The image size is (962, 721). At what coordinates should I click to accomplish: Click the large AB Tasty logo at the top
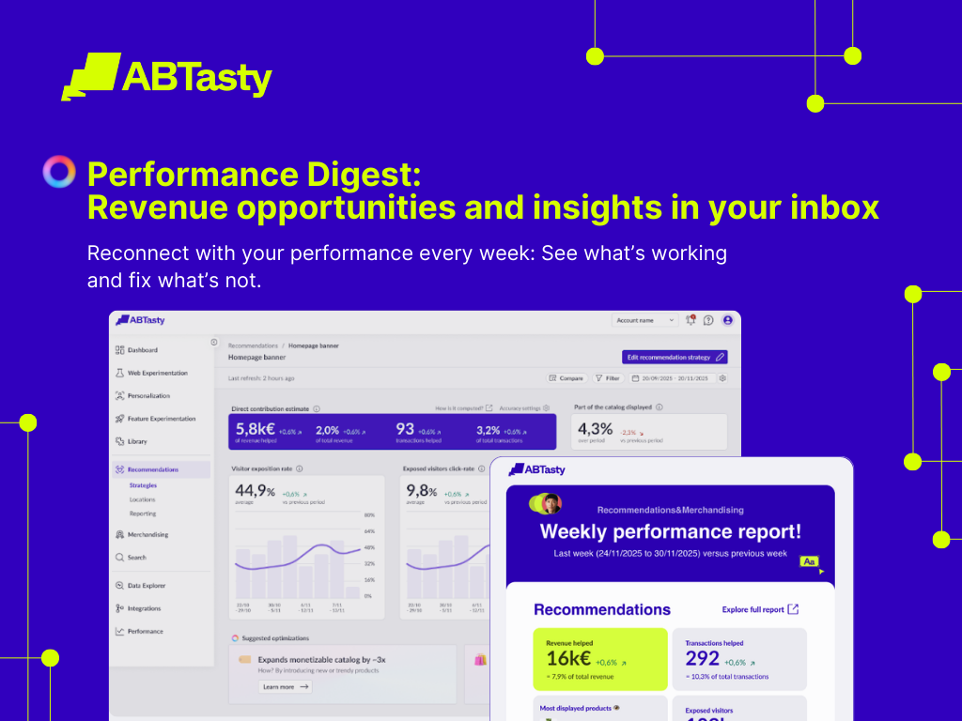(x=166, y=76)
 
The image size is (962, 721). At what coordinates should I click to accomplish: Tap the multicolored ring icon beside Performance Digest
(x=59, y=172)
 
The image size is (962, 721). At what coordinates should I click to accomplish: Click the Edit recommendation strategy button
(x=675, y=357)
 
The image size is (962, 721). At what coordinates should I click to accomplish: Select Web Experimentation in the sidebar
(x=157, y=373)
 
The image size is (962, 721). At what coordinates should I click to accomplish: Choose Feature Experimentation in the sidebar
(x=161, y=419)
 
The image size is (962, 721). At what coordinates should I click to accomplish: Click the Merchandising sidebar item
(x=147, y=534)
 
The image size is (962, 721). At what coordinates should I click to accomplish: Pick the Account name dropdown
(x=644, y=320)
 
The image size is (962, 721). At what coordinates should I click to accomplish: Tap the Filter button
(x=608, y=378)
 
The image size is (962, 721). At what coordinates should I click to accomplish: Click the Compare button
(x=566, y=378)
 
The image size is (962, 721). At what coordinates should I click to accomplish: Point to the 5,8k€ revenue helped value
(x=256, y=429)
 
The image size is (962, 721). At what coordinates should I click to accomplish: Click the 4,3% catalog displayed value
(x=595, y=429)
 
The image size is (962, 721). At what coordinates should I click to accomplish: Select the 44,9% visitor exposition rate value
(x=255, y=490)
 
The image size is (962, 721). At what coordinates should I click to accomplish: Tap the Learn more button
(x=285, y=686)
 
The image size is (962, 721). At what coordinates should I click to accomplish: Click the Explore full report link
(x=760, y=609)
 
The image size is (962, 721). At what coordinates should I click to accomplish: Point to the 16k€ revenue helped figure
(x=567, y=658)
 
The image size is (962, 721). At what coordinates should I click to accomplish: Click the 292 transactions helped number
(x=703, y=658)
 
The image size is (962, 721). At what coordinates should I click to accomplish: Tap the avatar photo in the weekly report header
(x=551, y=503)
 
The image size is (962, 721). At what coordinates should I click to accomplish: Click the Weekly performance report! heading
(x=671, y=531)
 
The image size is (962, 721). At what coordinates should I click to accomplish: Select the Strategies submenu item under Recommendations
(x=143, y=485)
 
